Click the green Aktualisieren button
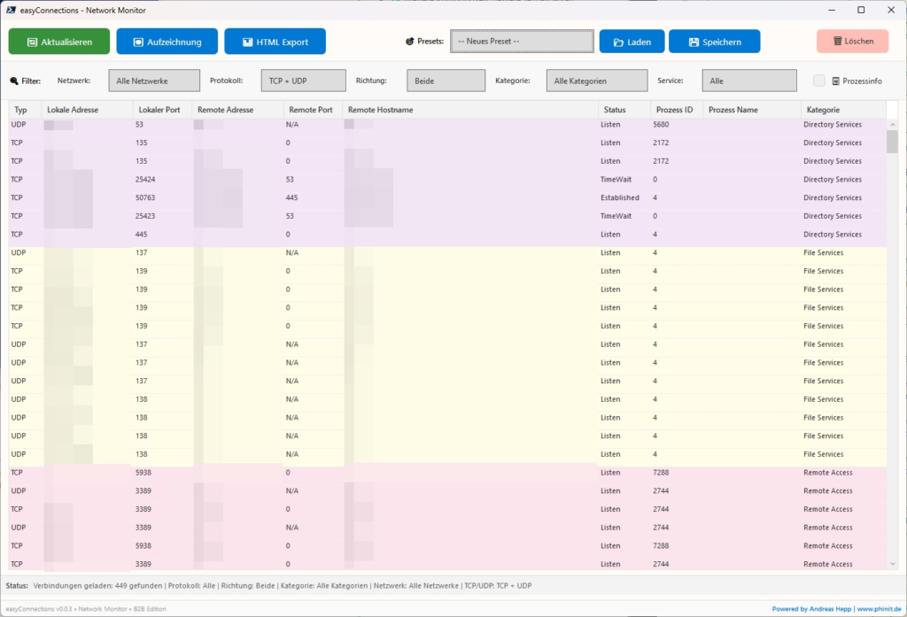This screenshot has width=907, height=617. coord(59,42)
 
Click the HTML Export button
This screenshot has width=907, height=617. coord(275,42)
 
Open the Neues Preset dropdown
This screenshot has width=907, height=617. coord(522,42)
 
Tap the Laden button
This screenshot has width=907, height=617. coord(631,42)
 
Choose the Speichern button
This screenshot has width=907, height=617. coord(714,42)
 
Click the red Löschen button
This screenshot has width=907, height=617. coord(852,42)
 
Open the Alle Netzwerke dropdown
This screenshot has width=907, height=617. coord(154,81)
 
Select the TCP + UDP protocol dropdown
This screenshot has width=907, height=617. coord(303,81)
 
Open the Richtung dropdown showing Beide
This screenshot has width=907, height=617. coord(446,81)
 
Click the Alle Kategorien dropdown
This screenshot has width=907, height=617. coord(596,81)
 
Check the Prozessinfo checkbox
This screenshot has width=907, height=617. coord(819,81)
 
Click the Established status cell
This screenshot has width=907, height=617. coord(619,198)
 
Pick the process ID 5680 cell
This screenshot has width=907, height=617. coord(661,125)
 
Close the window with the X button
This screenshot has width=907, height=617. coord(888,10)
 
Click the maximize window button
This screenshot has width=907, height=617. coord(861,10)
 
